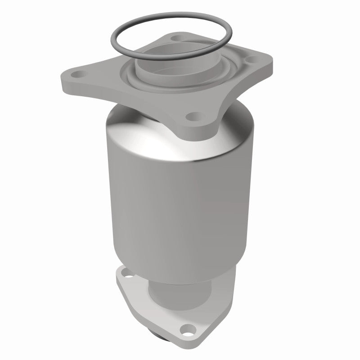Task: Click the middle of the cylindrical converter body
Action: (x=178, y=202)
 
